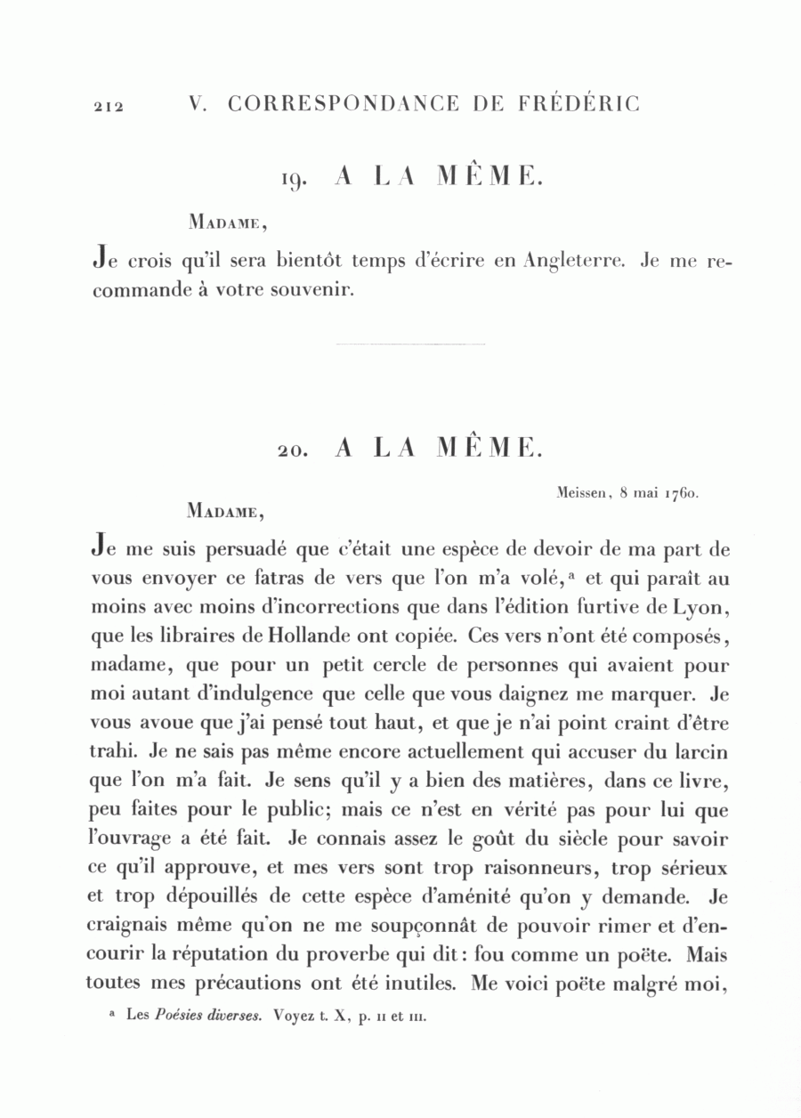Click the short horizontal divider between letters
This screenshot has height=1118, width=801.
[x=410, y=344]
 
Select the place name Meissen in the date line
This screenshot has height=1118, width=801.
[x=579, y=490]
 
